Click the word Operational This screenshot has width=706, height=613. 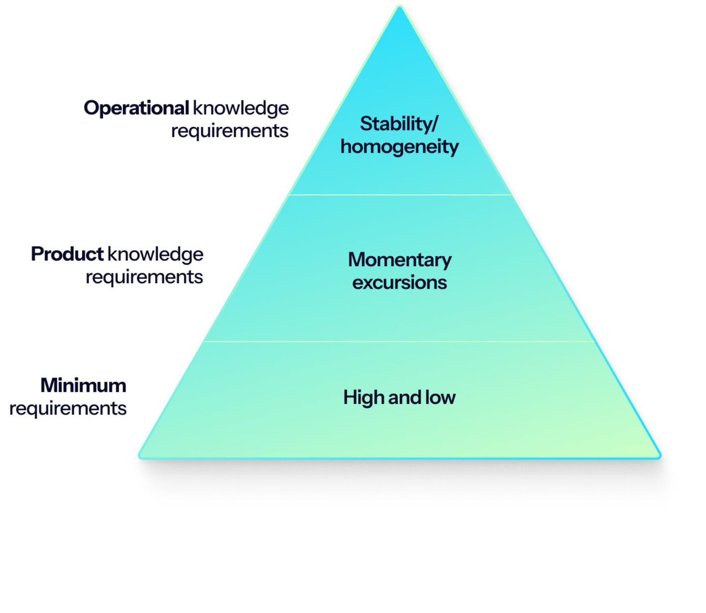tap(136, 108)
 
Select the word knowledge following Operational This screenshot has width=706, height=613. tap(241, 108)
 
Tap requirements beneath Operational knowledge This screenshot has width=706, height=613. tap(230, 131)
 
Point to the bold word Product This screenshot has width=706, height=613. tap(67, 254)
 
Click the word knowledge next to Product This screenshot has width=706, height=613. tap(156, 254)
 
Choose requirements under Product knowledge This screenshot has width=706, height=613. tap(144, 277)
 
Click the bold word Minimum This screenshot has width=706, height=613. tap(84, 386)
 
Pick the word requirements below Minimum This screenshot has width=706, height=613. tap(68, 409)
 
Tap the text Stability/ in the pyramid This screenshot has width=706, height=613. tap(399, 124)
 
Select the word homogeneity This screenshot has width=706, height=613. tap(399, 147)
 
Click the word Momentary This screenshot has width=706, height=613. tap(400, 260)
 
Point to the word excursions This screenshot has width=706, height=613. tap(400, 283)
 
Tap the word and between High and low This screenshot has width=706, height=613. tap(405, 398)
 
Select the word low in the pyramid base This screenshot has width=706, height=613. tap(440, 398)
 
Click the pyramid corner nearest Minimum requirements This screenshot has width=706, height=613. tap(141, 454)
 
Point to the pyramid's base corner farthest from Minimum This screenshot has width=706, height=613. tap(658, 454)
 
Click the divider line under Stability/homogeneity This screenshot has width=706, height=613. tap(400, 195)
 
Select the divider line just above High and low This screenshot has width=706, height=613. tap(400, 341)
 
